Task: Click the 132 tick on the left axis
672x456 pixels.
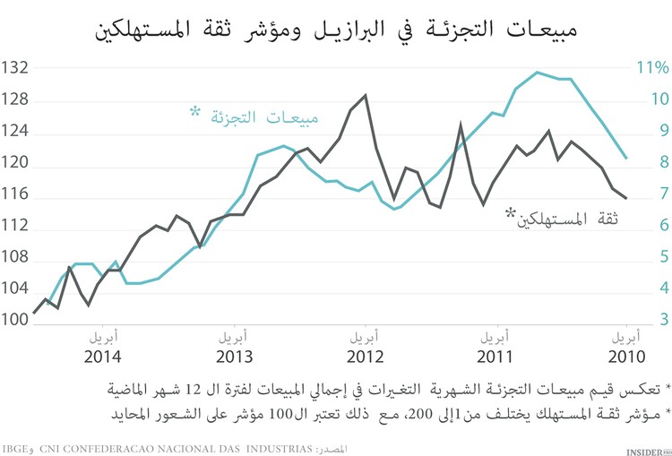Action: pyautogui.click(x=16, y=68)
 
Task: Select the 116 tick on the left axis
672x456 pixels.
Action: pyautogui.click(x=16, y=194)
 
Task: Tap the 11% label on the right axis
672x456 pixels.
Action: pyautogui.click(x=652, y=68)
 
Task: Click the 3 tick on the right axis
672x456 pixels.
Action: pyautogui.click(x=639, y=320)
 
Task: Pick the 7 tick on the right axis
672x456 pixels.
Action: pyautogui.click(x=639, y=194)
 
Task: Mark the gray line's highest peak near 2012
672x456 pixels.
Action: pyautogui.click(x=365, y=95)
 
